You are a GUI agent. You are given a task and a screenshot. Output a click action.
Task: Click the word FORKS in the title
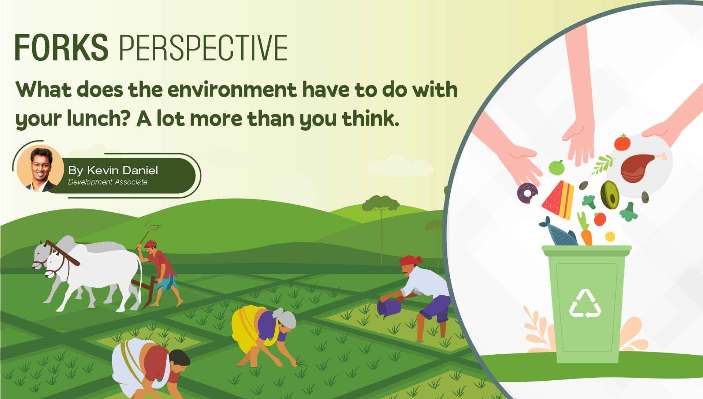click(x=62, y=48)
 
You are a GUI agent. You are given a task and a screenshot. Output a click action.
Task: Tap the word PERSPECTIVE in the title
click(x=204, y=48)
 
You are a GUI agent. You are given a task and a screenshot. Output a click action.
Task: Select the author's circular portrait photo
click(x=40, y=169)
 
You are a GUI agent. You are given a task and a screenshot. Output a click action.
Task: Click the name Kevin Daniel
click(x=122, y=170)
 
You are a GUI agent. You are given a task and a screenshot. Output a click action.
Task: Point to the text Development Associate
click(x=108, y=182)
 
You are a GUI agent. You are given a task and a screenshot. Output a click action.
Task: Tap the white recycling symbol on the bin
click(x=585, y=303)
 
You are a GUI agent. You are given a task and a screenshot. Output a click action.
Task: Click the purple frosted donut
click(x=528, y=193)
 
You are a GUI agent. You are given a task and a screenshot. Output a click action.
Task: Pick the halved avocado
click(x=610, y=195)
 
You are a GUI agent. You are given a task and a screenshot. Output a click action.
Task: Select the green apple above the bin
click(x=557, y=167)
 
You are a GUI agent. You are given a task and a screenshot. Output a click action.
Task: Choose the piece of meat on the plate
click(x=639, y=168)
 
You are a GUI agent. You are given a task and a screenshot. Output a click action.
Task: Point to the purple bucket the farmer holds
click(x=390, y=307)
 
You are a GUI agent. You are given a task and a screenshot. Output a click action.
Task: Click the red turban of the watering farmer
click(x=411, y=260)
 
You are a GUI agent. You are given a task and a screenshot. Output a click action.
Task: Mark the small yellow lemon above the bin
click(x=610, y=237)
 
